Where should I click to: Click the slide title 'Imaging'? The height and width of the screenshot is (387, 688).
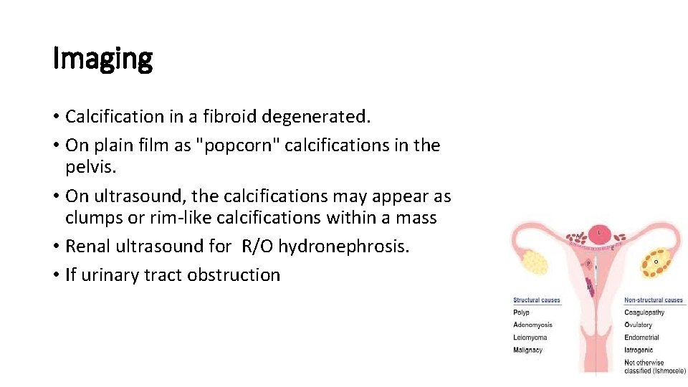pos(102,59)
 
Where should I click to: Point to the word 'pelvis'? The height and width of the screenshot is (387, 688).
pos(87,166)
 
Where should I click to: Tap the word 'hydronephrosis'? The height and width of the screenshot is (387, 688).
pos(343,247)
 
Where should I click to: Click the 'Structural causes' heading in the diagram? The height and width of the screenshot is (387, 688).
pos(537,300)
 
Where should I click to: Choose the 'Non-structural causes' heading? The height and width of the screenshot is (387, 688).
pos(654,300)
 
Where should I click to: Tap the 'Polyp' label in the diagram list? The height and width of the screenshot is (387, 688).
pos(522,312)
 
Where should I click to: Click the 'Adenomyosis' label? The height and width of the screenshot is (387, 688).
pos(532,325)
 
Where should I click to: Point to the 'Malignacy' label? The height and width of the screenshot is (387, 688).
pos(528,350)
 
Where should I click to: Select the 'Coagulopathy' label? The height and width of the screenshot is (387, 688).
pos(644,312)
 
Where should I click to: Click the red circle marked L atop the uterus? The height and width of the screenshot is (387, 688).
pos(600,234)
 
